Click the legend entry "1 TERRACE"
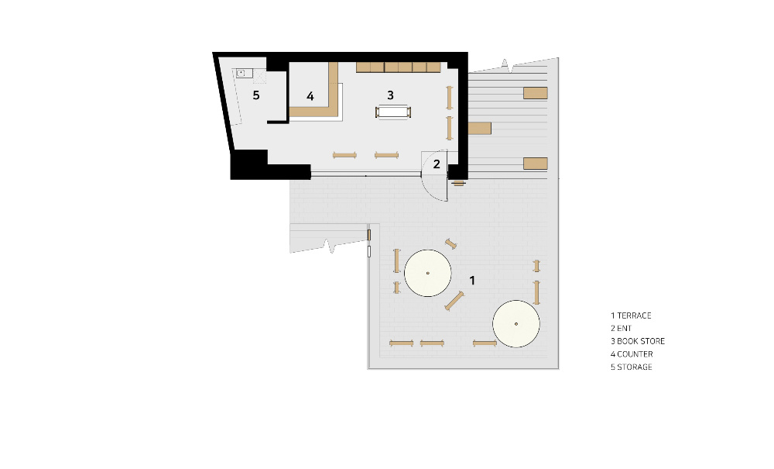pos(631,316)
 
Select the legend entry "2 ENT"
pos(621,328)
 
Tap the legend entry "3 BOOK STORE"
pos(638,341)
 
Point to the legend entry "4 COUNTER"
pos(632,353)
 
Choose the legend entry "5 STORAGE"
pos(632,367)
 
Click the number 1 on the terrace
pos(472,280)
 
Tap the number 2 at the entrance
pos(437,164)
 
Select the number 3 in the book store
pos(390,95)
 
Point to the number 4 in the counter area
pos(310,96)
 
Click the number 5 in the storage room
pos(255,95)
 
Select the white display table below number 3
pos(393,112)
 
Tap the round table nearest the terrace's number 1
pos(427,273)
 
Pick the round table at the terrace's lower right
pos(515,324)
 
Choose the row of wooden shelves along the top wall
pos(398,67)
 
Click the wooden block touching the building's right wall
pos(479,129)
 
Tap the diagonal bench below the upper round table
pos(454,301)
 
